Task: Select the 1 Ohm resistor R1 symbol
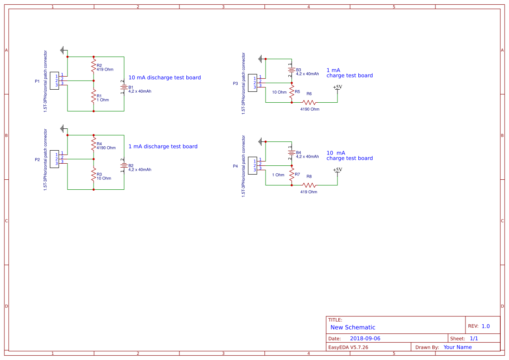coord(93,96)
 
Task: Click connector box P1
coord(54,81)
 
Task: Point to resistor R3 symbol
coord(93,175)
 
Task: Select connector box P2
coord(54,159)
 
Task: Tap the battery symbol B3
coord(291,70)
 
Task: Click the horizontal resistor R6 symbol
coord(309,102)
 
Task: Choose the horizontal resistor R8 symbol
coord(309,185)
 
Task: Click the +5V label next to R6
coord(337,87)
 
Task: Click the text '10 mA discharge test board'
coord(165,77)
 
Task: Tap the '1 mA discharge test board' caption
coord(163,146)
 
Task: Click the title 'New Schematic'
coord(353,327)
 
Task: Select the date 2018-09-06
coord(365,338)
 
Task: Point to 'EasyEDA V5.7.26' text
coord(348,347)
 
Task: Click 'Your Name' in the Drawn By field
coord(458,347)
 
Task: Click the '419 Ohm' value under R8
coord(309,192)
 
